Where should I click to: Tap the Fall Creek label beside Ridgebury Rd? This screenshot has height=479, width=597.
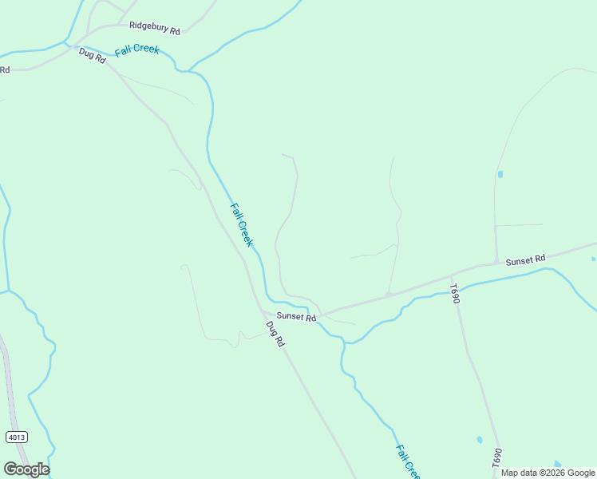136,49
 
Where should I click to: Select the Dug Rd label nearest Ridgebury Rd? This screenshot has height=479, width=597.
93,57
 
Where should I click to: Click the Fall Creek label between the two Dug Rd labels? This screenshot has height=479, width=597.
241,224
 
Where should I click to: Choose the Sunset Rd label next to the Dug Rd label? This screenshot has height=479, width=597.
297,317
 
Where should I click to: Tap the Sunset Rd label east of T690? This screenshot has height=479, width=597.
525,259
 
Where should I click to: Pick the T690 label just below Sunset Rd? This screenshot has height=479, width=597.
454,293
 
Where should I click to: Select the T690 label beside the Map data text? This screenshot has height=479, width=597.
496,457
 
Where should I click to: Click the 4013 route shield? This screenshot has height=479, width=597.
16,437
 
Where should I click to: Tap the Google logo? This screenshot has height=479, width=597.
26,469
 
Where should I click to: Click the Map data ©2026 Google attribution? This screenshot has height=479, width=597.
548,473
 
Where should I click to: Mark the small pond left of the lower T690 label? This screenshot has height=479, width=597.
479,439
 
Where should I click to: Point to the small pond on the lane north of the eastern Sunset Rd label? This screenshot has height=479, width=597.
500,174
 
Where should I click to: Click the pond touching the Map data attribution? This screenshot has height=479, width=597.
557,464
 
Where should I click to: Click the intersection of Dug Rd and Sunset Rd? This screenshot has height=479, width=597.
262,311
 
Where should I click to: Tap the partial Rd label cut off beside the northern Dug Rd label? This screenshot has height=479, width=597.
4,70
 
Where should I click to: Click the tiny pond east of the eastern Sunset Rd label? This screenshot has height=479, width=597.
593,259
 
